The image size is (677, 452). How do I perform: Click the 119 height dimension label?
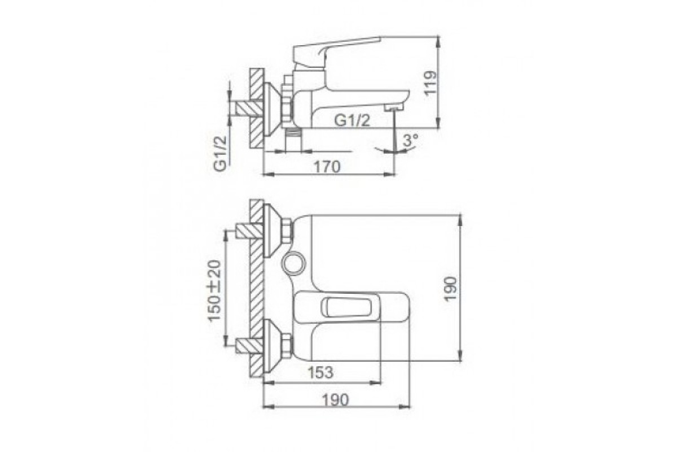pyautogui.click(x=430, y=83)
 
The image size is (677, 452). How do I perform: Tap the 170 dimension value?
pyautogui.click(x=327, y=167)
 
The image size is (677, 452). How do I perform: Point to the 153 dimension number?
pyautogui.click(x=320, y=372)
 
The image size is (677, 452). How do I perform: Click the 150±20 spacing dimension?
pyautogui.click(x=214, y=290)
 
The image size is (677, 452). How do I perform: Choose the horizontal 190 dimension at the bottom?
pyautogui.click(x=336, y=400)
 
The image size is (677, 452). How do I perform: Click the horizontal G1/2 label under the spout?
pyautogui.click(x=352, y=121)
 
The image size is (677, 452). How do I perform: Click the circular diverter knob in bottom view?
pyautogui.click(x=293, y=262)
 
